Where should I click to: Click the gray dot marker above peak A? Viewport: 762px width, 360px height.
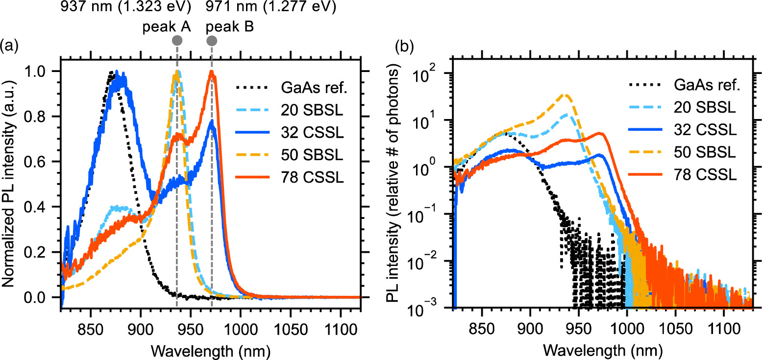[x=177, y=40]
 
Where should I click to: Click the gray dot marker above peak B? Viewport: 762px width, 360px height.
[x=212, y=40]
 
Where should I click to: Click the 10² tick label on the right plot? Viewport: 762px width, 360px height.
[x=436, y=73]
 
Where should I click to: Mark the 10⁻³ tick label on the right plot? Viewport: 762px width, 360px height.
[x=434, y=309]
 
